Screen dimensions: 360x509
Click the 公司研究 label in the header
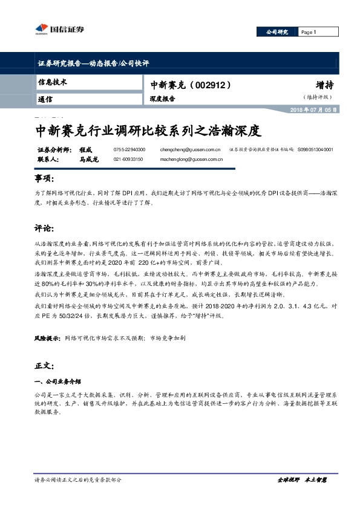click(277, 32)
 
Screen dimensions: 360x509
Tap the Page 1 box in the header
click(309, 32)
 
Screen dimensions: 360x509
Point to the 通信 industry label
click(45, 99)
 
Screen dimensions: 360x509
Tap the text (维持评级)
click(318, 97)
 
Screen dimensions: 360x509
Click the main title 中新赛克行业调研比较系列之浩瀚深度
click(148, 130)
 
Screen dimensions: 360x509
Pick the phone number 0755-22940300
click(129, 149)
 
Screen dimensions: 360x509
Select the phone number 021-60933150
click(128, 159)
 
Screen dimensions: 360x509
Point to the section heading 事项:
click(44, 180)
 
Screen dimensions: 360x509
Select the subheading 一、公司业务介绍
click(57, 382)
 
